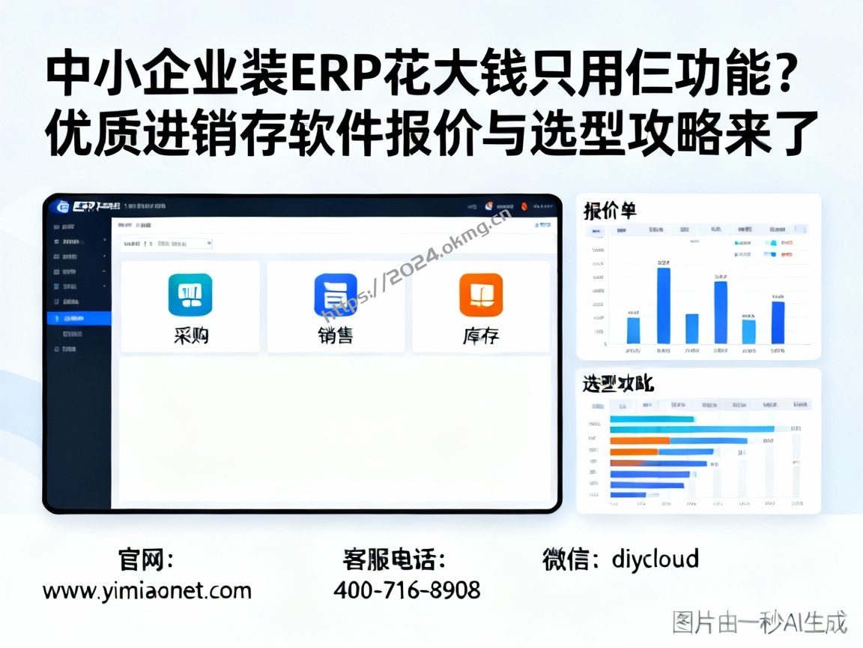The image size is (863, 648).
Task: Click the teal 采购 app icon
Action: point(190,294)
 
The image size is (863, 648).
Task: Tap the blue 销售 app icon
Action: point(335,294)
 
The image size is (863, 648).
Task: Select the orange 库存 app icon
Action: point(480,295)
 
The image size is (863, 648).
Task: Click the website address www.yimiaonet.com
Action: point(147,591)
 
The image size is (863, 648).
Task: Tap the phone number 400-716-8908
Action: point(407,590)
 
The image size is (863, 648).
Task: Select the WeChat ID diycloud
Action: point(655,559)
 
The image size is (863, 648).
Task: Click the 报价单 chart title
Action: point(610,211)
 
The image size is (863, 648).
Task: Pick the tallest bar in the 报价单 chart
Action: point(663,305)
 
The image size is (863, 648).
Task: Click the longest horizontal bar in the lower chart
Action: point(691,429)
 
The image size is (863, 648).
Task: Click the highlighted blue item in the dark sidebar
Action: point(78,318)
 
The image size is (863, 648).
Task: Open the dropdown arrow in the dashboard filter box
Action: point(209,244)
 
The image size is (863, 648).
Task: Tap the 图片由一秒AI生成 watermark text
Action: point(759,622)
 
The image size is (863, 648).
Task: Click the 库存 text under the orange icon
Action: point(480,336)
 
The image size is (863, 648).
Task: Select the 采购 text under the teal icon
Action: point(190,336)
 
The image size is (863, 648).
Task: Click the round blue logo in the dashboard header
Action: point(63,207)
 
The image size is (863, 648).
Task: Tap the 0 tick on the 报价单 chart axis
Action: point(605,344)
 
